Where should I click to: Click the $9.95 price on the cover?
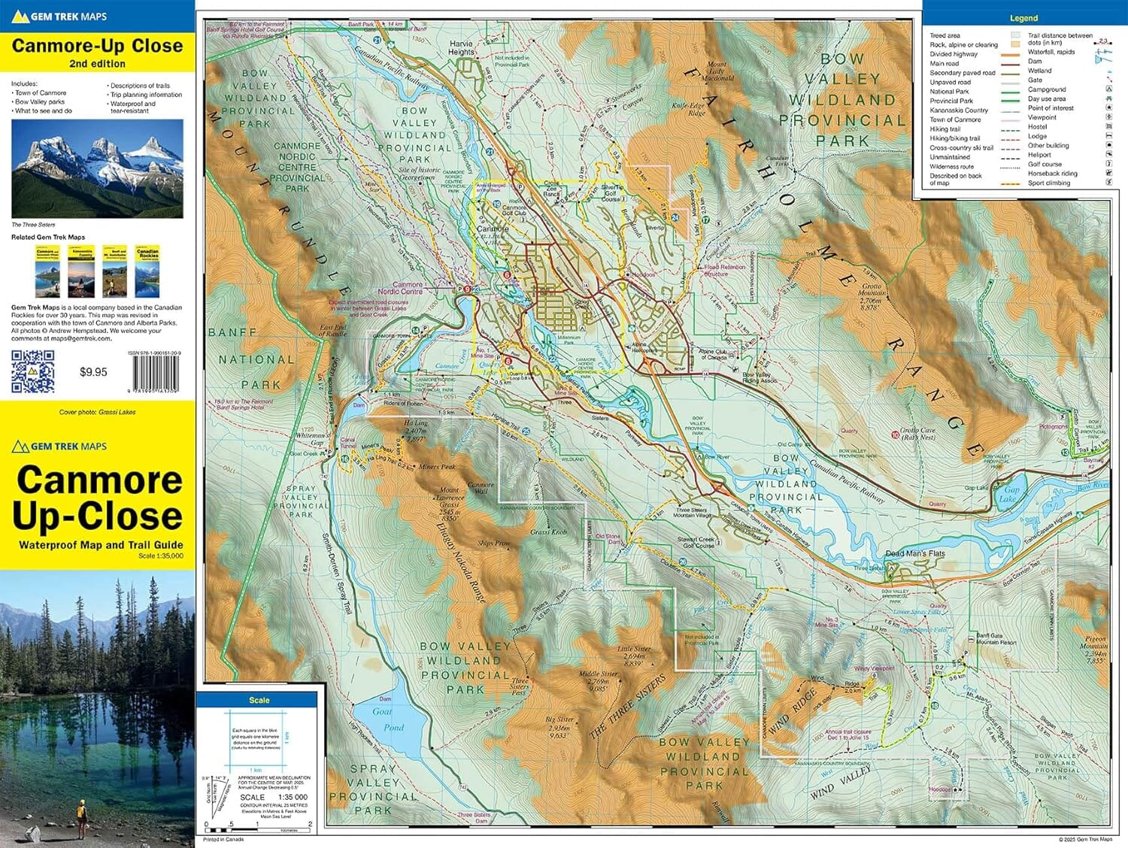[93, 371]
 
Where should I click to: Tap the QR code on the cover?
[33, 371]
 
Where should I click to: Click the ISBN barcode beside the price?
[156, 372]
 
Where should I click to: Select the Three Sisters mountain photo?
[97, 168]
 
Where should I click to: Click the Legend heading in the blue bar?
[1023, 18]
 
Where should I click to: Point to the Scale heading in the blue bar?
[259, 700]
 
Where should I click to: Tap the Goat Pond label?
[388, 719]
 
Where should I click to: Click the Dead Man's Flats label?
[914, 553]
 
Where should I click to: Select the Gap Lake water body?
[1010, 492]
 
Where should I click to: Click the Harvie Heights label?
[461, 48]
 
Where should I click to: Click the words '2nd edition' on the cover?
[97, 64]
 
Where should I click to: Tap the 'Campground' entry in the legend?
[1047, 89]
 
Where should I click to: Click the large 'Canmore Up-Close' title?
[98, 498]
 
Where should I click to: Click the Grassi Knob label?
[548, 532]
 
